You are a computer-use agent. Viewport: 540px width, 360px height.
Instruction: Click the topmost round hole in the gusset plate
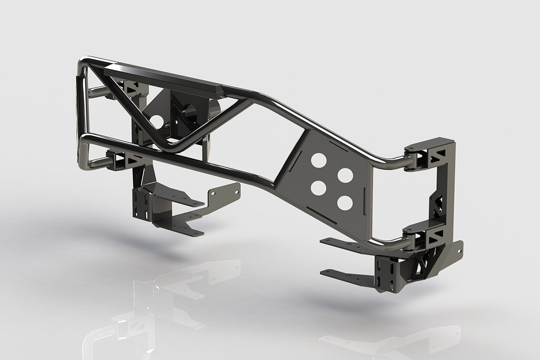coord(319,160)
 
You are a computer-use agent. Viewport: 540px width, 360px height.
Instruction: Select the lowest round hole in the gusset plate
coord(345,203)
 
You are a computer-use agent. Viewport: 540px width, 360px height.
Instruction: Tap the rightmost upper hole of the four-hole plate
coord(345,175)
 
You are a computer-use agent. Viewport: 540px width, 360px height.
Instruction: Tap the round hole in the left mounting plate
coord(157,121)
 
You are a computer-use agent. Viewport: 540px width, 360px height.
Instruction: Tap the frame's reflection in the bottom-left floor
coord(142,303)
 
